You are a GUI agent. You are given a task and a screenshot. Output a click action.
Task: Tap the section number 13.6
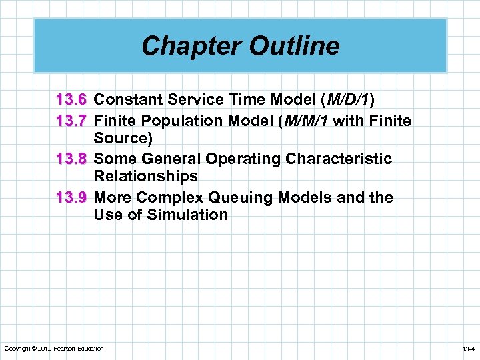point(71,100)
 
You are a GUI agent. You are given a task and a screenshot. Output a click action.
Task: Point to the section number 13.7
point(71,121)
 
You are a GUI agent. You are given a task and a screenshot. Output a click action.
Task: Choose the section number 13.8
point(71,159)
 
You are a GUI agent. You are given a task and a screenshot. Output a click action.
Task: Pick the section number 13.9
point(71,197)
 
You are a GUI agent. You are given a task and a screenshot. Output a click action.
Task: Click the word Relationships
point(146,176)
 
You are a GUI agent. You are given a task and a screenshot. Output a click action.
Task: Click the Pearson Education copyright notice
point(54,349)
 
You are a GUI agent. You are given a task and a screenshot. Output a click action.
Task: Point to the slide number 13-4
point(467,349)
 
